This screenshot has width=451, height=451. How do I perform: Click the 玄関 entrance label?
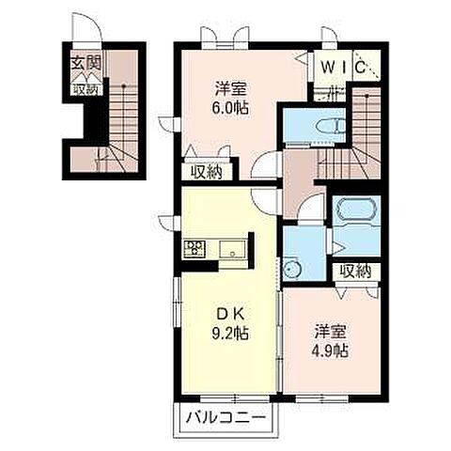86,64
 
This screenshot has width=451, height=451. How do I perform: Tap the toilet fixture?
331,127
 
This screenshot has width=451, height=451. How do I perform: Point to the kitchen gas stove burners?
194,249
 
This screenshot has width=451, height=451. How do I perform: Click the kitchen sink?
232,250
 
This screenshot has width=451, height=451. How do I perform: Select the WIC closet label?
344,68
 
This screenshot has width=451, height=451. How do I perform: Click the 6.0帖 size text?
231,108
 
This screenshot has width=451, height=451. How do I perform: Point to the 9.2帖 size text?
230,334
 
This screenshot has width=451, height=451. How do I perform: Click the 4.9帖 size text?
330,350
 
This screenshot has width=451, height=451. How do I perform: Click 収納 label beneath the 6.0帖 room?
207,172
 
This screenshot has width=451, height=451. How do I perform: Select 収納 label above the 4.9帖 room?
356,272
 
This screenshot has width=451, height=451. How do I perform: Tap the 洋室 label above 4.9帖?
330,333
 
